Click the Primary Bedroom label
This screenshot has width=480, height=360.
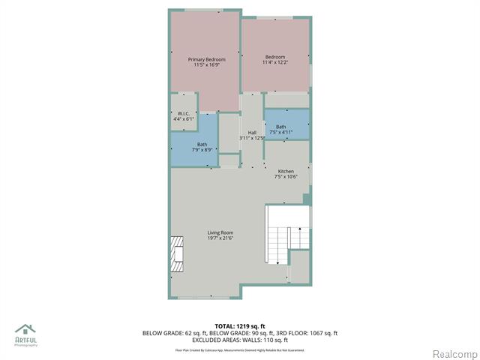(206, 58)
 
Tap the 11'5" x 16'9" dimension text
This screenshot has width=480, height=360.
(206, 64)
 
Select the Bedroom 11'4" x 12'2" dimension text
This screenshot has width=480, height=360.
(274, 62)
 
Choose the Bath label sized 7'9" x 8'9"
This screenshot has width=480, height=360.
(202, 144)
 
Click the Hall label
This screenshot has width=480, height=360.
(252, 133)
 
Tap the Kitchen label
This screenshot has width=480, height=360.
(286, 171)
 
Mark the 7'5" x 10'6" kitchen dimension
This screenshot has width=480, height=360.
(286, 177)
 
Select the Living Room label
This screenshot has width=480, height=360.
(220, 232)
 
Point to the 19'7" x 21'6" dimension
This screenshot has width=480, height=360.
(220, 238)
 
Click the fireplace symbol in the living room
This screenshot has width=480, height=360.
(176, 253)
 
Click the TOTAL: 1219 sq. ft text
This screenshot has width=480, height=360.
(239, 325)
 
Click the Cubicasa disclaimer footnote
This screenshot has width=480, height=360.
(240, 349)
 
